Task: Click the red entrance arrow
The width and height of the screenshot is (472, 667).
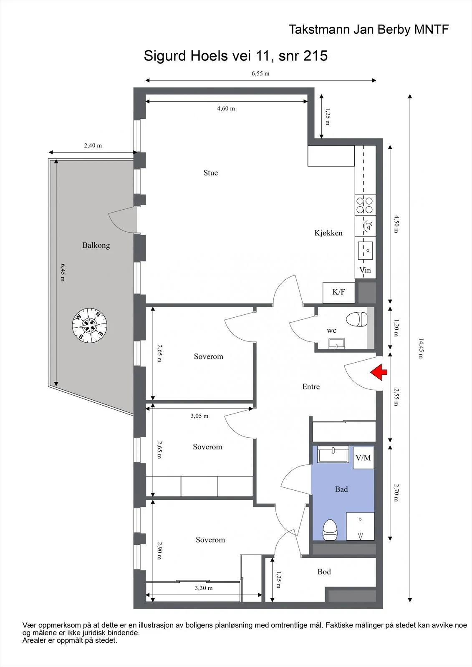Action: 379,372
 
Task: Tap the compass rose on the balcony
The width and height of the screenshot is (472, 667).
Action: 89,326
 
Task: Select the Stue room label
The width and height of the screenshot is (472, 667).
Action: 210,173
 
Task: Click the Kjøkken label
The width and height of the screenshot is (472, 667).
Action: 328,233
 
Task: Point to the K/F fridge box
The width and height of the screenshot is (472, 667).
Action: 339,292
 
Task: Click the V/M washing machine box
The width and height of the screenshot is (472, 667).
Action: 363,458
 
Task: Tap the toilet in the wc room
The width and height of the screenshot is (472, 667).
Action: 357,319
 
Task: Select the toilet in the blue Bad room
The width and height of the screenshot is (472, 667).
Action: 330,530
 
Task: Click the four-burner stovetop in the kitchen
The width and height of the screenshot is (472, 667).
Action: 365,206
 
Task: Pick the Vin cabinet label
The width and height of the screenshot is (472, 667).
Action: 365,270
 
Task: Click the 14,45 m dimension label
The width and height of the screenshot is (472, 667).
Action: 421,348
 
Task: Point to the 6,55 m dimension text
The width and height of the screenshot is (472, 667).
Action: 260,73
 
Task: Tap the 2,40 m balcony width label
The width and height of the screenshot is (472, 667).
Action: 93,145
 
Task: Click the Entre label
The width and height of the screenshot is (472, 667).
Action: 311,386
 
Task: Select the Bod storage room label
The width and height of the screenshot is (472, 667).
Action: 324,572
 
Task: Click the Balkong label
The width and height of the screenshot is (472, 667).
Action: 96,246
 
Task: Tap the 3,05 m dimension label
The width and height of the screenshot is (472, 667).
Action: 199,416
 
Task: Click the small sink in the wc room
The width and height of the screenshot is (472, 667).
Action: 336,344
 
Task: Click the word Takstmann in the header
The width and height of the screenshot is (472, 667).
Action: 319,30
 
